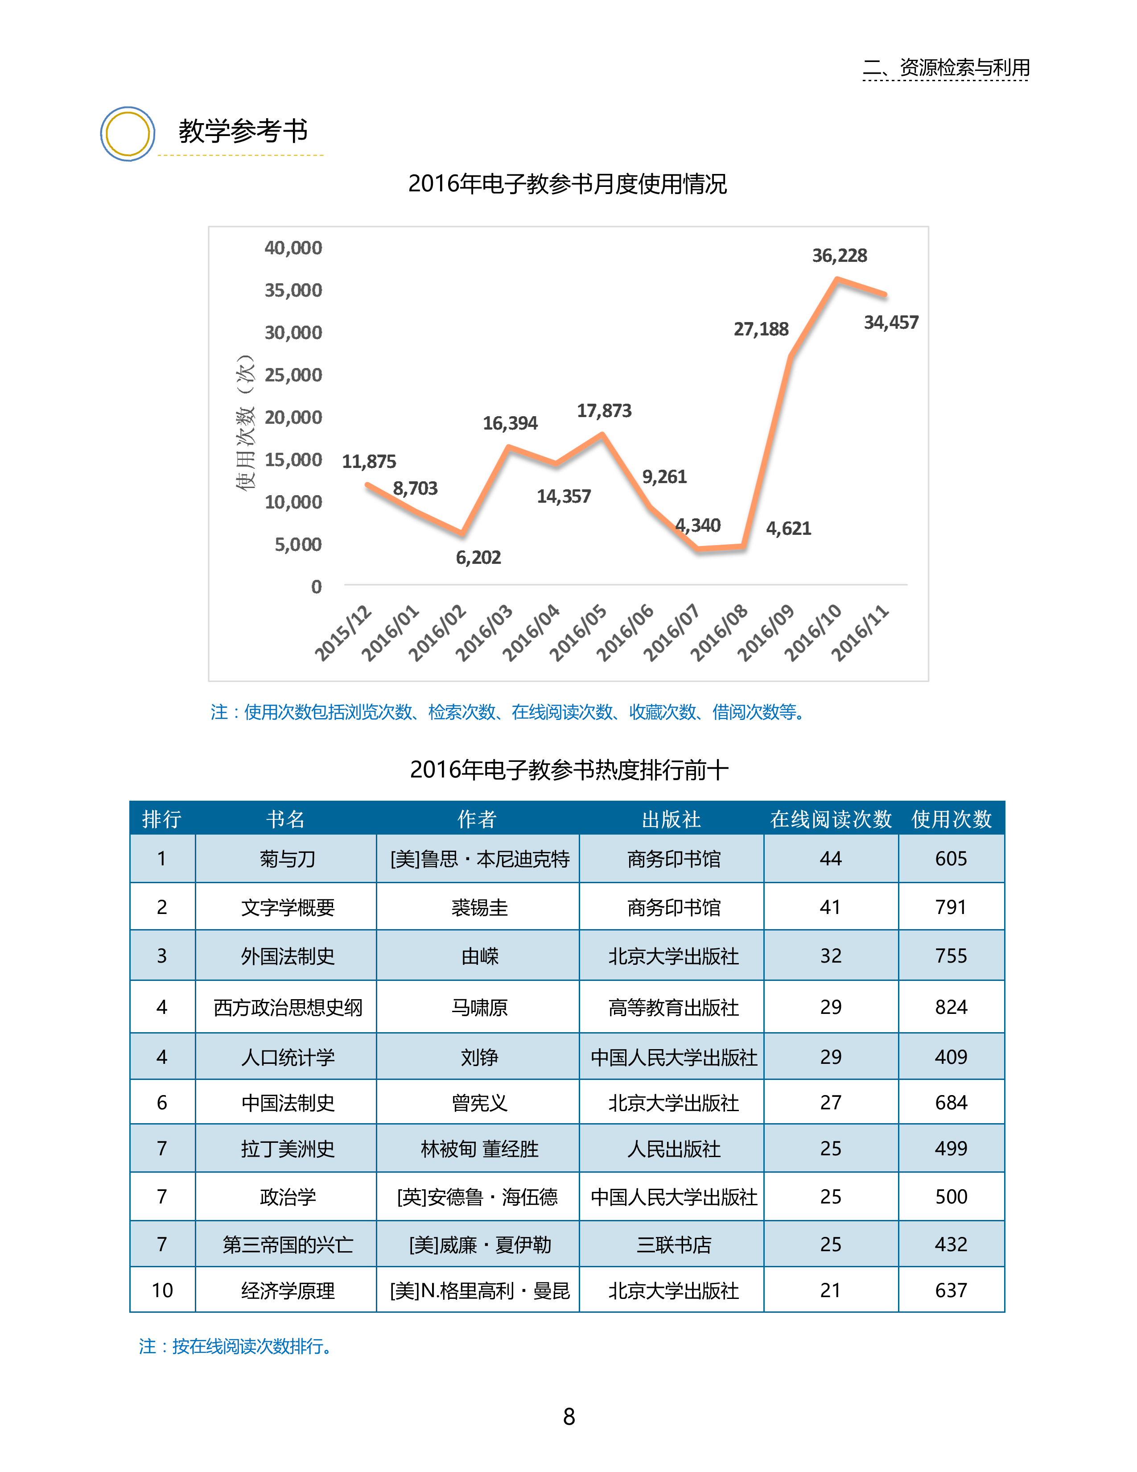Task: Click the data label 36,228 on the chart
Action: [x=839, y=256]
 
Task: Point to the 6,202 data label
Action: [x=478, y=558]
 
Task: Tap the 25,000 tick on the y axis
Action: [x=293, y=375]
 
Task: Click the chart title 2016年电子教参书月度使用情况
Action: [x=567, y=184]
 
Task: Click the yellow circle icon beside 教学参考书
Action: [x=128, y=133]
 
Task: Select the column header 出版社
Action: [x=671, y=819]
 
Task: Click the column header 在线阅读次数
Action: [x=831, y=819]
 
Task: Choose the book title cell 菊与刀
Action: [x=288, y=859]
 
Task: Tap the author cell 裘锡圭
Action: [x=479, y=907]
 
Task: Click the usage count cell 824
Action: [x=951, y=1007]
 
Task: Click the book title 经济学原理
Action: [x=288, y=1291]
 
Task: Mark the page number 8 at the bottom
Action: [x=568, y=1417]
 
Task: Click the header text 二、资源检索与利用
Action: [x=946, y=67]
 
